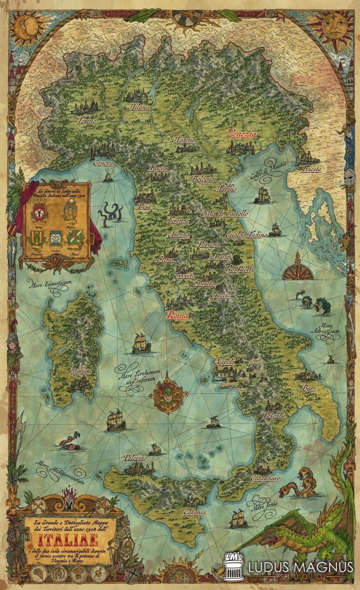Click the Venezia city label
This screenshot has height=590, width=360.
point(242,134)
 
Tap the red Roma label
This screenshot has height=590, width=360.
point(177,316)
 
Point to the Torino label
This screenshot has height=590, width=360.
point(86,121)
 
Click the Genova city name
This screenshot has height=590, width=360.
point(103,163)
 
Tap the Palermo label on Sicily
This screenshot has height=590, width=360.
point(135,458)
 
